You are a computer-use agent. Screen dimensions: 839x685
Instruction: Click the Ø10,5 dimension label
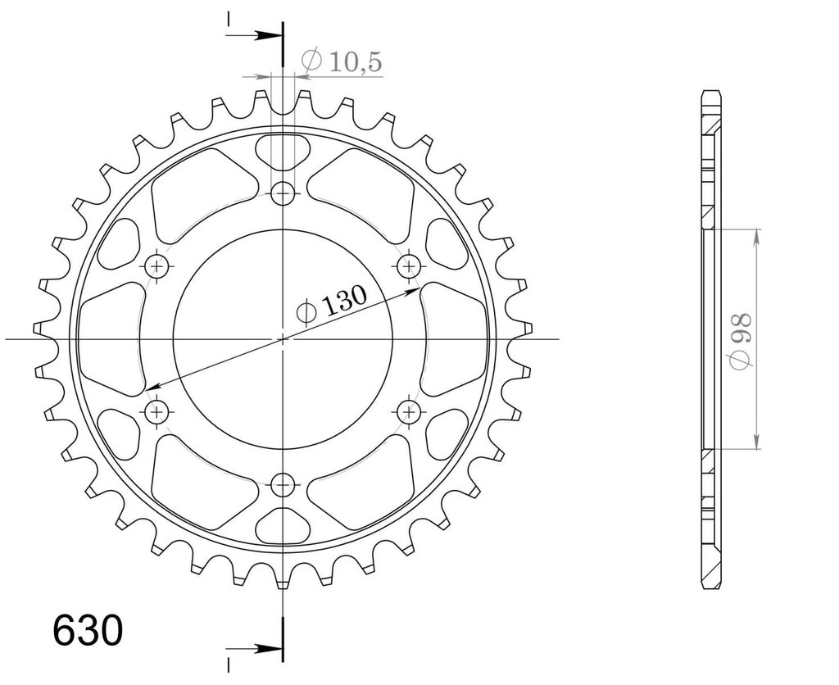pyautogui.click(x=342, y=61)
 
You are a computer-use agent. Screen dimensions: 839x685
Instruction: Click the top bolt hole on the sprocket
pyautogui.click(x=283, y=193)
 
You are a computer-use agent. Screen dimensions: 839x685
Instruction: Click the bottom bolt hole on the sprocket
pyautogui.click(x=283, y=485)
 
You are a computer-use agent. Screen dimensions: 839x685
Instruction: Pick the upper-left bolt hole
pyautogui.click(x=156, y=265)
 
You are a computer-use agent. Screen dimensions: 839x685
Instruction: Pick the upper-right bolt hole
pyautogui.click(x=410, y=265)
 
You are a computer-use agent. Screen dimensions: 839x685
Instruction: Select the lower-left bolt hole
pyautogui.click(x=156, y=411)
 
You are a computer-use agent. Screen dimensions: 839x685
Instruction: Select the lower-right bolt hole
pyautogui.click(x=410, y=411)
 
